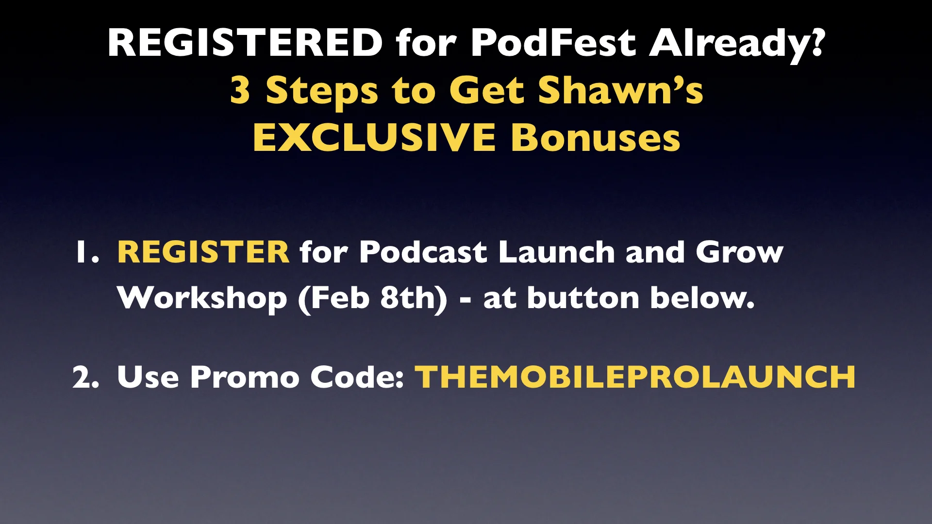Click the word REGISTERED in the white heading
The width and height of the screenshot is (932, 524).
[245, 43]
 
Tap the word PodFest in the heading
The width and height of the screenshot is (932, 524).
[553, 43]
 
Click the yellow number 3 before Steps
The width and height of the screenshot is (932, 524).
[240, 90]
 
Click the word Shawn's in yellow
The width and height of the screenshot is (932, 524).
[620, 90]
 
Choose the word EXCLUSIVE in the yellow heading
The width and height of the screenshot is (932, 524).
[374, 138]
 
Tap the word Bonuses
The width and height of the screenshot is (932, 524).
[595, 138]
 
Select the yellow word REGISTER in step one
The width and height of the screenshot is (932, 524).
[203, 252]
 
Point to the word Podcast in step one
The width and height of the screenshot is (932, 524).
[423, 252]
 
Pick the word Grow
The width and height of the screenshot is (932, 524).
[739, 252]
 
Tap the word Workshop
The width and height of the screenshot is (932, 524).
[202, 298]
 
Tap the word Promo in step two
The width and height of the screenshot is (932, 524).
[244, 377]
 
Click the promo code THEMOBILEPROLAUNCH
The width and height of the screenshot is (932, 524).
[635, 377]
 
